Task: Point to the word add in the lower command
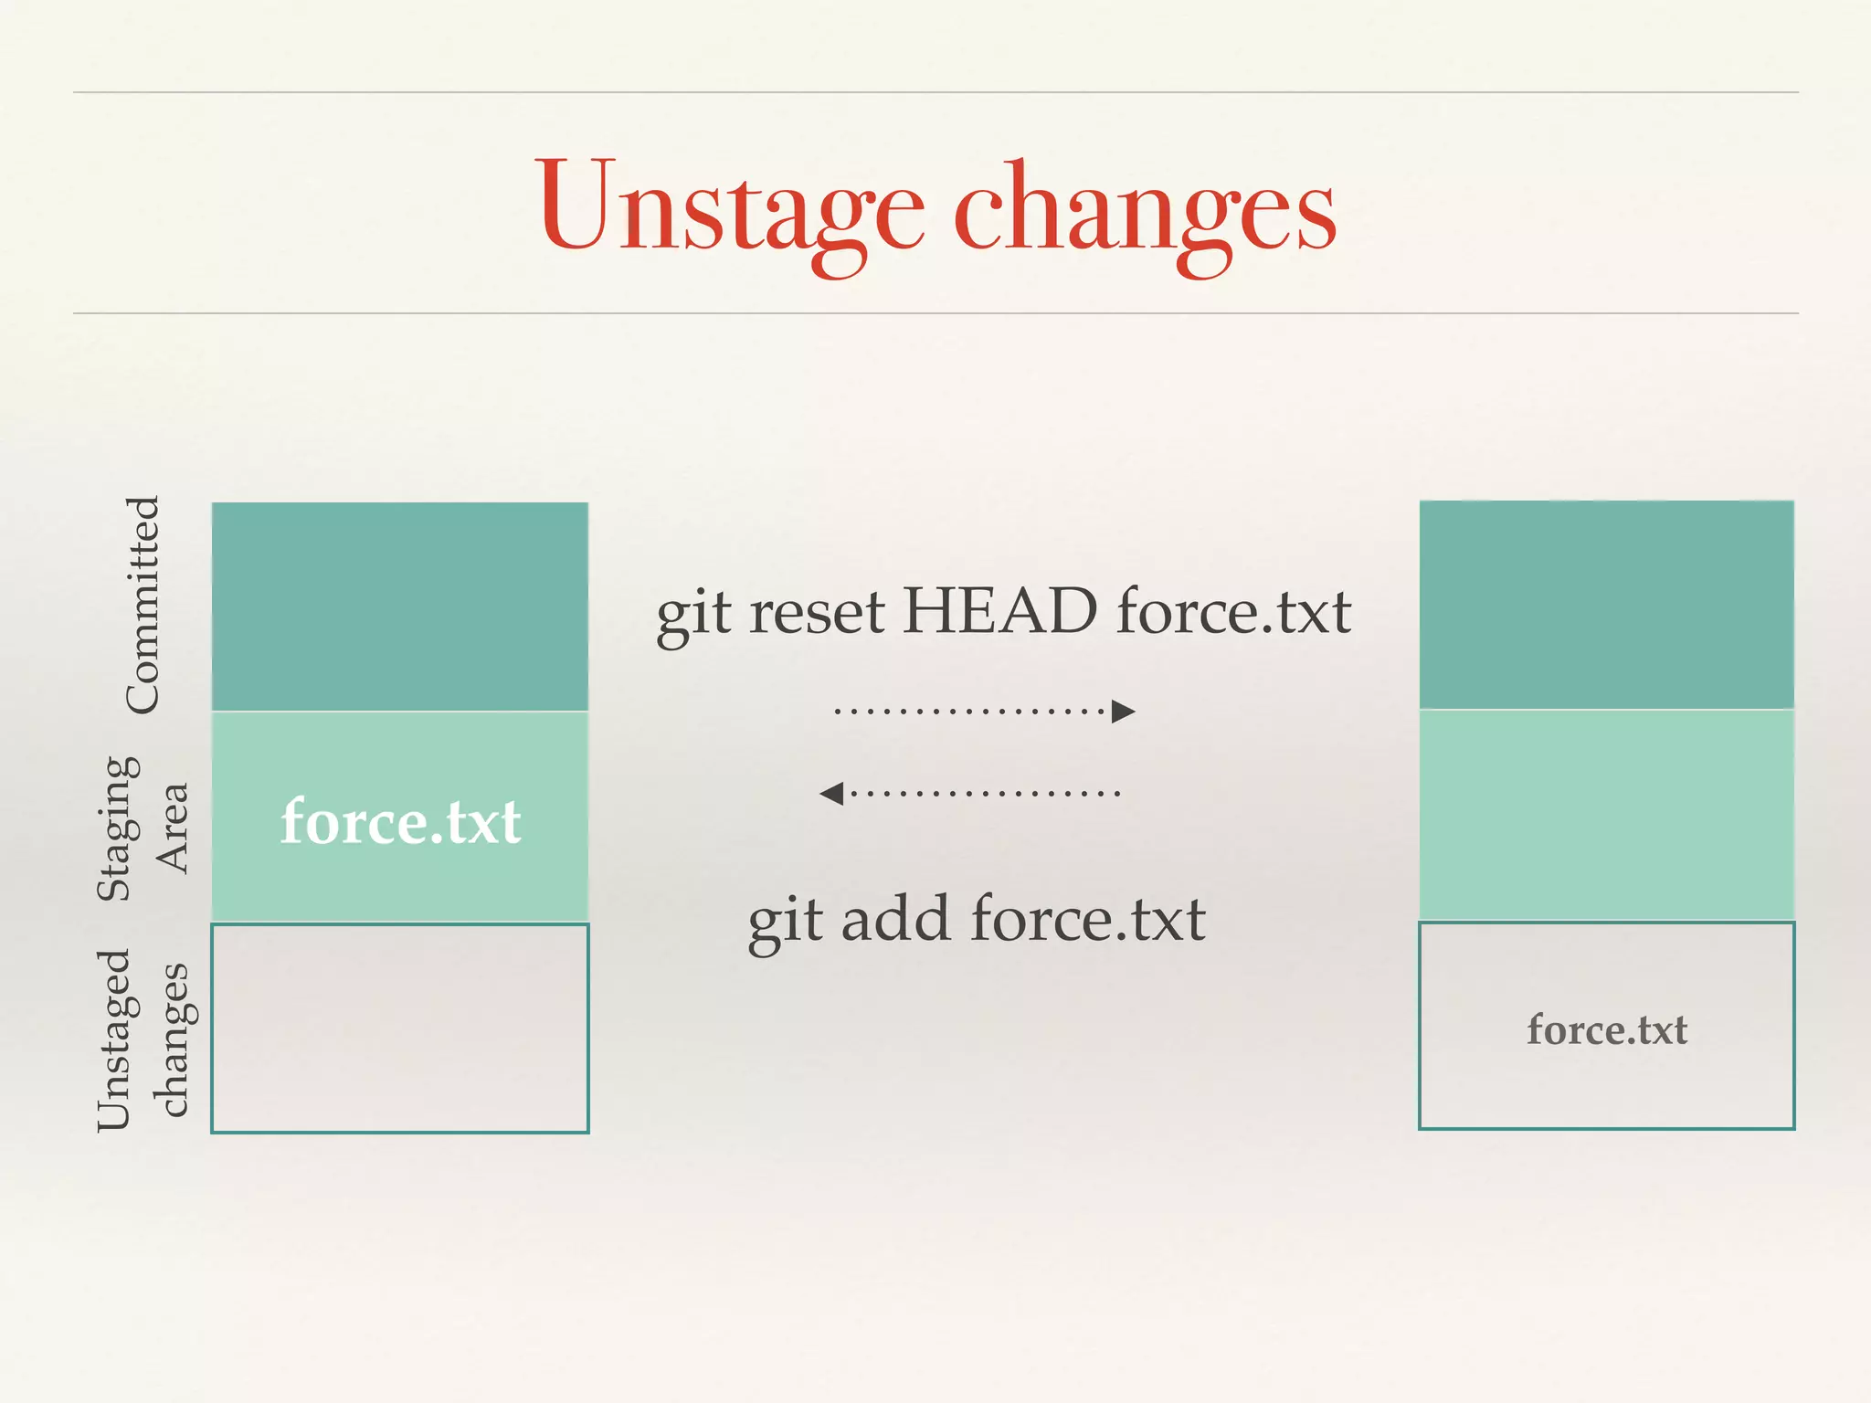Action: (x=894, y=919)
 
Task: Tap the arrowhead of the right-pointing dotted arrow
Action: (x=1124, y=711)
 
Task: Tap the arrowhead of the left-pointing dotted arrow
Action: (x=831, y=793)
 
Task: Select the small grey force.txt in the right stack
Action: (x=1606, y=1029)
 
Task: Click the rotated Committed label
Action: (x=143, y=605)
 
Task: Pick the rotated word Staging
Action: (x=119, y=828)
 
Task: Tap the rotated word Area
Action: (x=172, y=828)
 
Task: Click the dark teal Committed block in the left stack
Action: (x=400, y=607)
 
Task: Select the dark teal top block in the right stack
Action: (x=1606, y=605)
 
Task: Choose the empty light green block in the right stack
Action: (x=1606, y=815)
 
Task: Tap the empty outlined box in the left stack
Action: (x=400, y=1029)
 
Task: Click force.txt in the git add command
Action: (x=1087, y=919)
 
